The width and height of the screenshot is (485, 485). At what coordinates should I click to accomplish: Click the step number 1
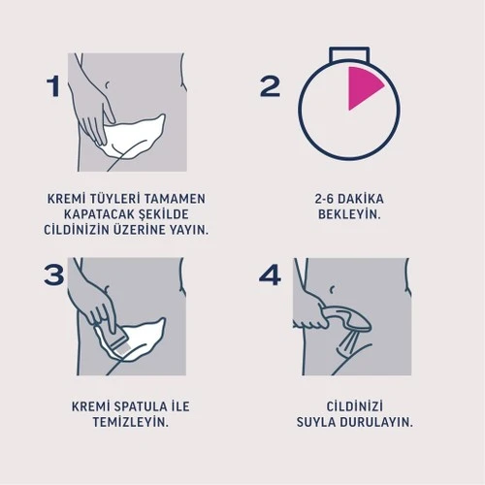55,86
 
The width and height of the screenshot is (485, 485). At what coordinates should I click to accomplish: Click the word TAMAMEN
179,198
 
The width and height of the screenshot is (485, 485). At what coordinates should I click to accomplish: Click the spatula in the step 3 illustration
113,339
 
